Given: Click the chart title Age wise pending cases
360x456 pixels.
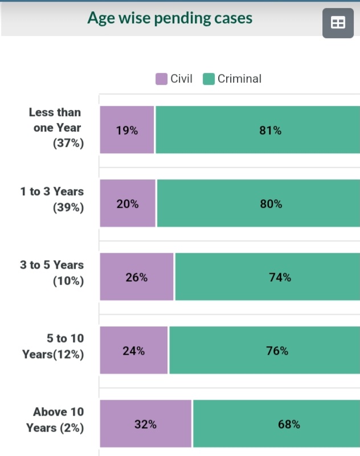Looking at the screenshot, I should pos(170,18).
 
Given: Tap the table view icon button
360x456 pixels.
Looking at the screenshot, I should pos(338,23).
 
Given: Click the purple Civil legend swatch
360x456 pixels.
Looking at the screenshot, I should pos(162,79).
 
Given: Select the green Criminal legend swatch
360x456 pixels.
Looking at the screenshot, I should pos(208,79).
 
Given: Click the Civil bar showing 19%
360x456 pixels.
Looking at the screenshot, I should pos(127,130).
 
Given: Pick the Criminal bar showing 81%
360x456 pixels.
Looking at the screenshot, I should pos(257,130).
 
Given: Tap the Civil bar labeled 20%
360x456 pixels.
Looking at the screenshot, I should pos(128,204).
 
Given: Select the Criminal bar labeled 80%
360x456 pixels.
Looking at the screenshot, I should pos(259,204).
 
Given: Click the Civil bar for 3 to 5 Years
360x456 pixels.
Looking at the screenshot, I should pos(137,277).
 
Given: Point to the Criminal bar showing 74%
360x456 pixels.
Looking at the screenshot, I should pos(267,277).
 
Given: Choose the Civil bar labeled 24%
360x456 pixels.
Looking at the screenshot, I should pos(134,351).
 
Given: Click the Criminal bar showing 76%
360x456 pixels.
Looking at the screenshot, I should pos(264,351).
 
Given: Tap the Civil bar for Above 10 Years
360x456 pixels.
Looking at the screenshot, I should pos(146,424).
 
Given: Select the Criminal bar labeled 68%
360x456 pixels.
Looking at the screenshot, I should pos(276,424).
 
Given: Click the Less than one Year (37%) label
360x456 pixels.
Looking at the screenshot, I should pos(56,128).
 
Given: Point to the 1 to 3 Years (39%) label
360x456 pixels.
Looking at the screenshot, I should pos(52,200).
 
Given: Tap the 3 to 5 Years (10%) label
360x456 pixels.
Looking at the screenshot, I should pos(52,273).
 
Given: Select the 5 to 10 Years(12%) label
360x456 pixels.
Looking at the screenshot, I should pos(53,347).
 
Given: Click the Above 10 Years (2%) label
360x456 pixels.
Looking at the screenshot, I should pos(55,420).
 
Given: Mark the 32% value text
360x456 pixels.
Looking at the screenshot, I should pos(145,425).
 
